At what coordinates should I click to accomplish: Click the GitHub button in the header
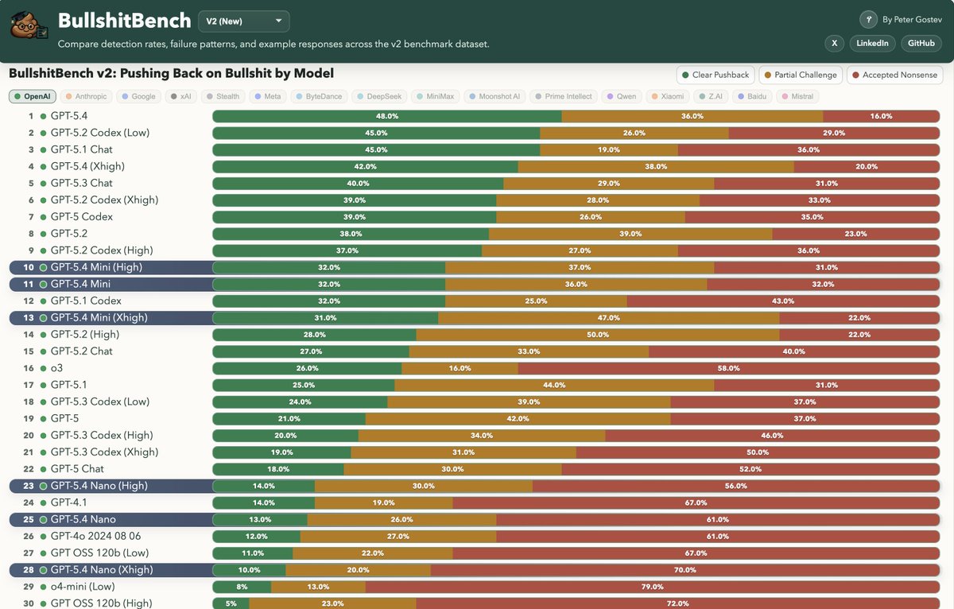(921, 43)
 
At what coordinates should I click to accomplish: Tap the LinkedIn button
(872, 43)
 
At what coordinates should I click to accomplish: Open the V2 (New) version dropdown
(243, 21)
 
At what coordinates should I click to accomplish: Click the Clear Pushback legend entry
(715, 75)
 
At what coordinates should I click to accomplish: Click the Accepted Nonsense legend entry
(894, 75)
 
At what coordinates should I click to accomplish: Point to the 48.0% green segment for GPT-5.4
(387, 116)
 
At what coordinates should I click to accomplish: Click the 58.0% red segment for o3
(728, 368)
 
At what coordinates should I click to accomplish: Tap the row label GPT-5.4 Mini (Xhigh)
(99, 317)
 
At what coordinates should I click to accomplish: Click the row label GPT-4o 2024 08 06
(95, 536)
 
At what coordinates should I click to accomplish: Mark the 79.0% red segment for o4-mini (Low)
(652, 587)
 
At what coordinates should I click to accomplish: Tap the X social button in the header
(834, 43)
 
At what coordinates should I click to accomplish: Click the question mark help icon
(868, 20)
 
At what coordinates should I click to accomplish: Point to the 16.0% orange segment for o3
(460, 368)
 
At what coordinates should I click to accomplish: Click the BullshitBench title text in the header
(124, 20)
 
